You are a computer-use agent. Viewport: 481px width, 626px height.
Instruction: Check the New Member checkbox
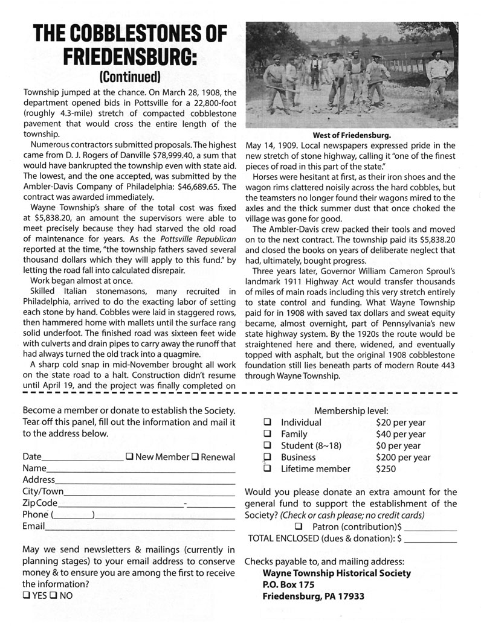(130, 457)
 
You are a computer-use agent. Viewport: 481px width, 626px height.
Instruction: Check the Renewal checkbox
(195, 457)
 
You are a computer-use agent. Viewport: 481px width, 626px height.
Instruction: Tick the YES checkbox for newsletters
(26, 595)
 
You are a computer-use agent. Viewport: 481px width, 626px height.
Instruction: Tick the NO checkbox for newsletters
(56, 595)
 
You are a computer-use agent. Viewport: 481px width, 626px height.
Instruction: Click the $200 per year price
(403, 457)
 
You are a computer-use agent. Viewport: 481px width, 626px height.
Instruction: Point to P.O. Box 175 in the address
(288, 584)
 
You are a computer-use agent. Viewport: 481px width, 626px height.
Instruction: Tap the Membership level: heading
(351, 410)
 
